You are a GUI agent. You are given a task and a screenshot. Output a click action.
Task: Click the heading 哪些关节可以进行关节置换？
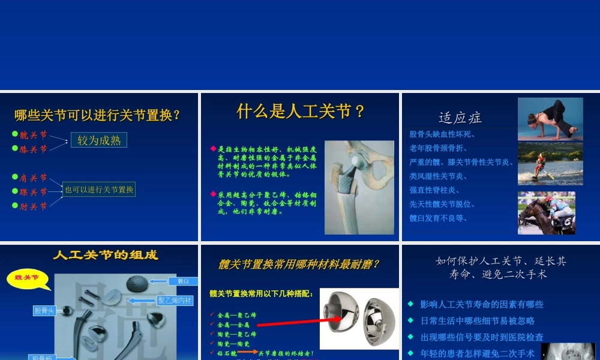pyautogui.click(x=97, y=115)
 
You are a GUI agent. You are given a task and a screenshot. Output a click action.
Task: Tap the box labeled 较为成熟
pyautogui.click(x=99, y=140)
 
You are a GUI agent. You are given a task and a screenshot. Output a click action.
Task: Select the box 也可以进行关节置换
pyautogui.click(x=99, y=190)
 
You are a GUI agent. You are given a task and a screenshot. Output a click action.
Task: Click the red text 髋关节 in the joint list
pyautogui.click(x=34, y=135)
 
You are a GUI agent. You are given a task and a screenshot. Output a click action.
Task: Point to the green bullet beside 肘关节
pyautogui.click(x=15, y=206)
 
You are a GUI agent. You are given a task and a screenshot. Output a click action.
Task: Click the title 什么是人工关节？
pyautogui.click(x=301, y=112)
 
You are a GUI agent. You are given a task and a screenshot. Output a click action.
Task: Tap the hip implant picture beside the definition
pyautogui.click(x=359, y=187)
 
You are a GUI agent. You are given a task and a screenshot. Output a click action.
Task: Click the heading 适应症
pyautogui.click(x=460, y=118)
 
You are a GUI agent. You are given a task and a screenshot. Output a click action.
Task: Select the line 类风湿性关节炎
pyautogui.click(x=439, y=176)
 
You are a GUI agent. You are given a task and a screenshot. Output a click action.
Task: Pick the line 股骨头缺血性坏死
pyautogui.click(x=442, y=134)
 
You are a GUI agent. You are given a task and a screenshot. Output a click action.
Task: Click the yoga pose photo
pyautogui.click(x=550, y=119)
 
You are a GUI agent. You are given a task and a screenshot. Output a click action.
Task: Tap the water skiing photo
pyautogui.click(x=550, y=164)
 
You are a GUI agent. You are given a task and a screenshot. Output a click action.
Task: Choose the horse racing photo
pyautogui.click(x=546, y=213)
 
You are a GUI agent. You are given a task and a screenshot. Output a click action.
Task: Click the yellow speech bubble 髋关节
pyautogui.click(x=26, y=278)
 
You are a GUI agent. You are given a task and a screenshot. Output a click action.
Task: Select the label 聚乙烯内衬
pyautogui.click(x=175, y=300)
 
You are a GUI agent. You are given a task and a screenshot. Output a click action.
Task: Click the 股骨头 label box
pyautogui.click(x=44, y=311)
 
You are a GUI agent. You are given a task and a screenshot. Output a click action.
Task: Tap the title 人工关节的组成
pyautogui.click(x=106, y=255)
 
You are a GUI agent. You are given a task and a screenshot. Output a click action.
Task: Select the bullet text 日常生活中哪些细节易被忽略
pyautogui.click(x=478, y=321)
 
